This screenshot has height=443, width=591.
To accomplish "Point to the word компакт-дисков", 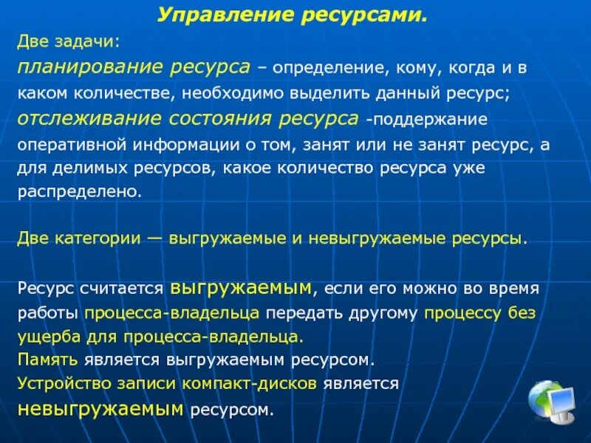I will [x=264, y=384].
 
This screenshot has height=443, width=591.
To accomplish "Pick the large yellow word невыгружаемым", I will [x=101, y=408].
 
